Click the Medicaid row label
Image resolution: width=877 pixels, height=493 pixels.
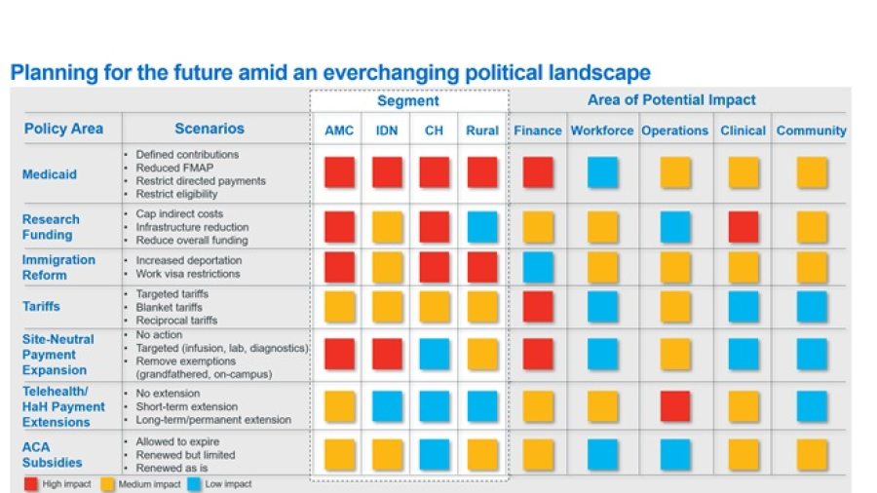pos(49,174)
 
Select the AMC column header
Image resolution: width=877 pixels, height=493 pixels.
pos(339,131)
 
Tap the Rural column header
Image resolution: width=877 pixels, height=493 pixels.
pos(482,131)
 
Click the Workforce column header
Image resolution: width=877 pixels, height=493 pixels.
pos(602,131)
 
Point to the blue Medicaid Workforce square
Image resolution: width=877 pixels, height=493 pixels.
pos(602,173)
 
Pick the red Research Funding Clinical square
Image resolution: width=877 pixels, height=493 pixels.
pos(744,227)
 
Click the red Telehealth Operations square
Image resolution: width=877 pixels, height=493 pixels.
pos(675,406)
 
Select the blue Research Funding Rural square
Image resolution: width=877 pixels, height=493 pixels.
pos(482,227)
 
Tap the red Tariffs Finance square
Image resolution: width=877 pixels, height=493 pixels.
pos(538,306)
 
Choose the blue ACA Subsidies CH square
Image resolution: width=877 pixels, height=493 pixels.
pos(435,455)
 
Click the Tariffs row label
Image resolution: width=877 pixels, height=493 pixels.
pos(41,306)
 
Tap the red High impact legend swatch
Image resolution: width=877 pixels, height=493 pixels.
pos(30,483)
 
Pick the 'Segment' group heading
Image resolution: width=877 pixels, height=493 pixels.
pos(408,101)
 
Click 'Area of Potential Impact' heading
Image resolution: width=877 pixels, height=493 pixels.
pos(671,100)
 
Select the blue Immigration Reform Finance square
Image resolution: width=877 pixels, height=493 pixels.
pos(538,267)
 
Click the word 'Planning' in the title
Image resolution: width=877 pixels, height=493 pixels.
pos(47,73)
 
